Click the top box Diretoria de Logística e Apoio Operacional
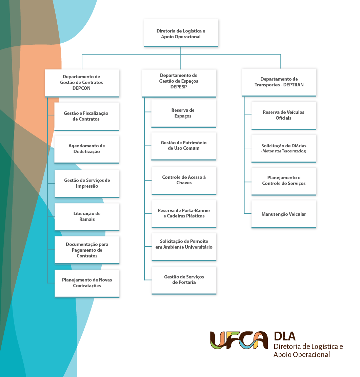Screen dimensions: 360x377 point(181,33)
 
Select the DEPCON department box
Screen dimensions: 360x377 point(82,83)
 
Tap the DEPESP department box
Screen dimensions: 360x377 point(179,83)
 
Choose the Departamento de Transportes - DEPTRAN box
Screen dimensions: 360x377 point(279,82)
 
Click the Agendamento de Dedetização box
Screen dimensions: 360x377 point(87,149)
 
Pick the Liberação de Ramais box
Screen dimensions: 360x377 point(87,217)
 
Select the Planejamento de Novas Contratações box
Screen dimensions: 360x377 point(87,284)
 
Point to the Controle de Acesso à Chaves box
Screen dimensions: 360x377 point(184,181)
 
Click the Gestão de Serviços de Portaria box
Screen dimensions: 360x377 point(184,280)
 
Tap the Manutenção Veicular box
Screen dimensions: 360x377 point(284,214)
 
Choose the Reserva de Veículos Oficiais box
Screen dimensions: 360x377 point(284,116)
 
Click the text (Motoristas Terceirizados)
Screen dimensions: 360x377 point(284,151)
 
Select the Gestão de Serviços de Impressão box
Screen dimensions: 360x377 point(87,184)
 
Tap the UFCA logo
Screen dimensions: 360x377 point(239,340)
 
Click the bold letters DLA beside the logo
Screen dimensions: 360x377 point(285,336)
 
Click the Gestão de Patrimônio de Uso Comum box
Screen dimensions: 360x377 point(184,146)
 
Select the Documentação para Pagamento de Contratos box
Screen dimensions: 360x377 point(87,250)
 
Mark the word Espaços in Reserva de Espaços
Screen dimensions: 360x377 point(183,116)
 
